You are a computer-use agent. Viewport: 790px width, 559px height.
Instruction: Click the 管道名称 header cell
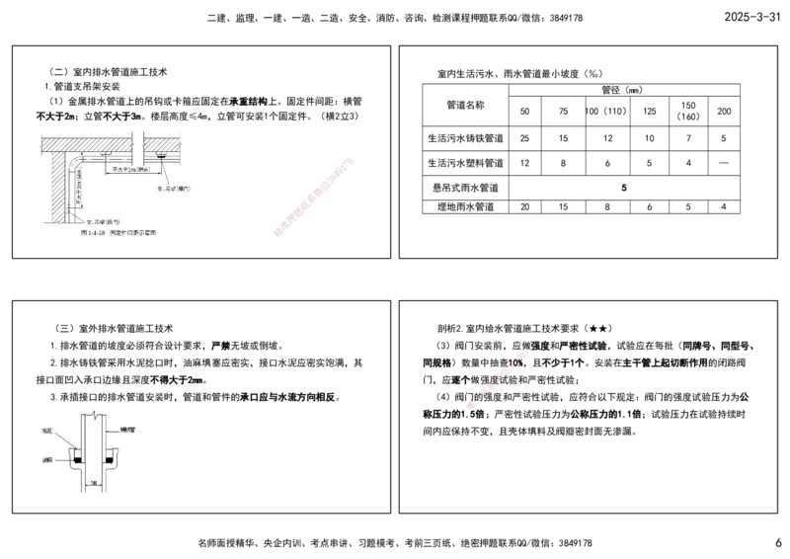(x=464, y=104)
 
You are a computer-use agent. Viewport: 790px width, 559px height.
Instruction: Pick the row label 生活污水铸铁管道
(x=464, y=137)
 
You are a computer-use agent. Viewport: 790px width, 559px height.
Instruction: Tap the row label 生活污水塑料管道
(x=464, y=162)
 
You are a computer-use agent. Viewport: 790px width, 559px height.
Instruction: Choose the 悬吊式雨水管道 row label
(x=464, y=187)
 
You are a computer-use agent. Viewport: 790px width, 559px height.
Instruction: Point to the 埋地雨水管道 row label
(x=464, y=207)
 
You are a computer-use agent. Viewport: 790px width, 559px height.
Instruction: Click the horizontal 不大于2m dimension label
(x=132, y=169)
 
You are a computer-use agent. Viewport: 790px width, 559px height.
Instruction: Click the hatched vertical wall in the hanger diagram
(x=56, y=188)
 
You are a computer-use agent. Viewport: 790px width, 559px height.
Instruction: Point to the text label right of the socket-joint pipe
(x=127, y=432)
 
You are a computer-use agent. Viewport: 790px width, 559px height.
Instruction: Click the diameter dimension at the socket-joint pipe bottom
(x=94, y=482)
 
